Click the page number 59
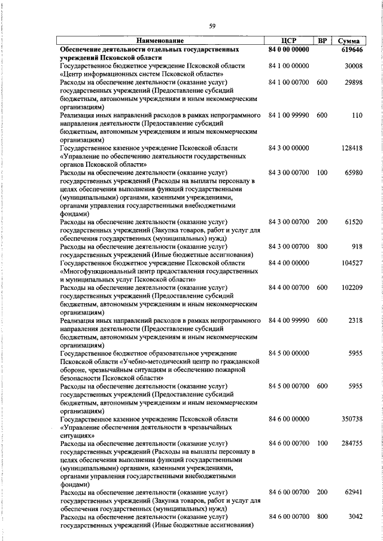click(x=212, y=25)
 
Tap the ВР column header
click(x=322, y=41)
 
